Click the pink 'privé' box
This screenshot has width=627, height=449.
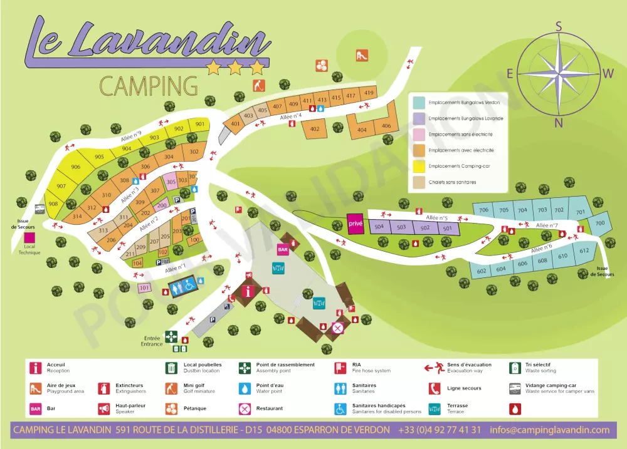(x=356, y=224)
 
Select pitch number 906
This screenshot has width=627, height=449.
(x=75, y=167)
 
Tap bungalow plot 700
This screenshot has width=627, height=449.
(x=600, y=223)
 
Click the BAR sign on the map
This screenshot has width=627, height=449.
(x=283, y=249)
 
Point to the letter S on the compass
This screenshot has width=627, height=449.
(x=559, y=26)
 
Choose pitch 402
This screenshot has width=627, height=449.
(x=315, y=130)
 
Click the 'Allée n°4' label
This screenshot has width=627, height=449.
(x=291, y=116)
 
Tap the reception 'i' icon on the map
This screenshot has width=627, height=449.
(x=251, y=291)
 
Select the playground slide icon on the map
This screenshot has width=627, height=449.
(x=361, y=55)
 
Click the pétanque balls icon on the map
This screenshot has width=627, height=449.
(x=322, y=65)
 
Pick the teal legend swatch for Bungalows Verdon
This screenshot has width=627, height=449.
(x=419, y=102)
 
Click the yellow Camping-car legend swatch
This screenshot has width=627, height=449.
(x=419, y=167)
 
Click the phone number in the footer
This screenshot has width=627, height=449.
(x=440, y=430)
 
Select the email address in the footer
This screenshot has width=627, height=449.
(x=549, y=430)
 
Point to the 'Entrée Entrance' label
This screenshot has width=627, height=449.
(x=152, y=341)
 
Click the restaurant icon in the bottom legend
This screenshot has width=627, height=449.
(x=245, y=409)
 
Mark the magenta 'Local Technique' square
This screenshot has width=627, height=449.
(x=29, y=238)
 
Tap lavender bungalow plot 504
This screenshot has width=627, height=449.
(x=379, y=227)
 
